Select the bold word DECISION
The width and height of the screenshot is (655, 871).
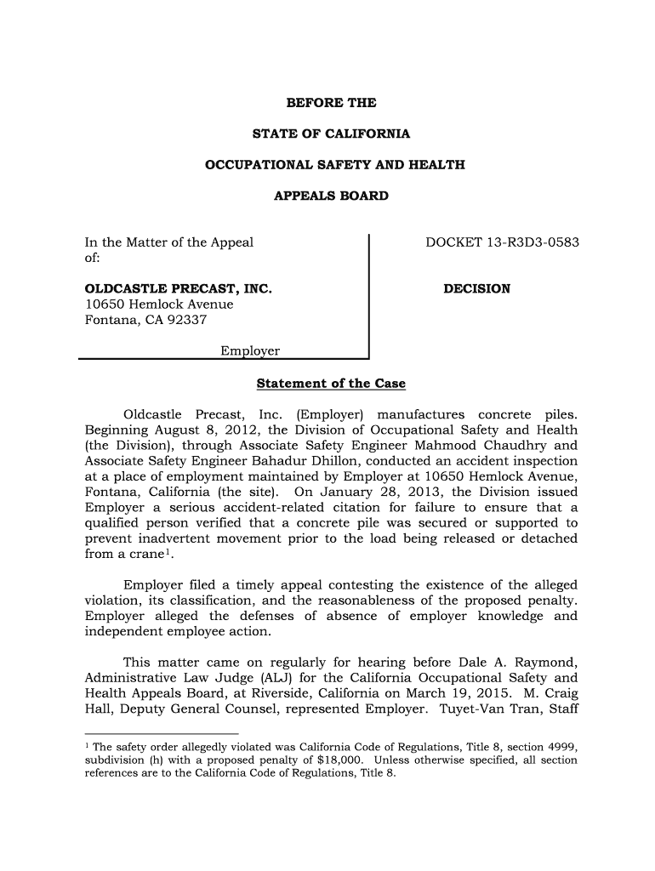pyautogui.click(x=477, y=288)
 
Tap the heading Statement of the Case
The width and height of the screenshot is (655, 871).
pyautogui.click(x=331, y=384)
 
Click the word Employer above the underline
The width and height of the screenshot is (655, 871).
pyautogui.click(x=250, y=351)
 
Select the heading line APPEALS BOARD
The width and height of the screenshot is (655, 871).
pyautogui.click(x=331, y=196)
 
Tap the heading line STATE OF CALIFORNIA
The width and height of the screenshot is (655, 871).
pyautogui.click(x=331, y=134)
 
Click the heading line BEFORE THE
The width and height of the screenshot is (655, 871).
pyautogui.click(x=331, y=103)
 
